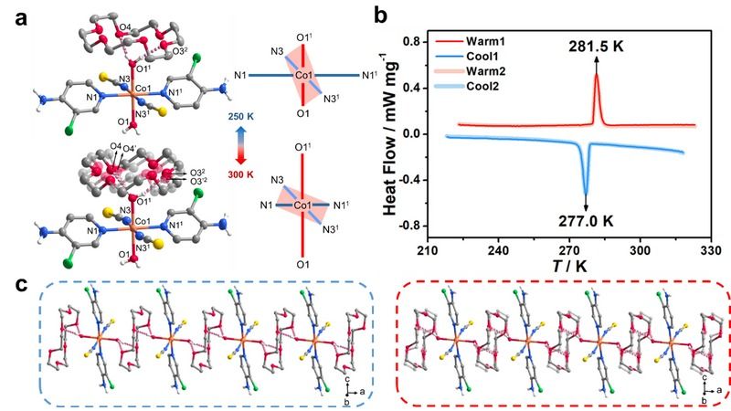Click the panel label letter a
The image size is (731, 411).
[12, 14]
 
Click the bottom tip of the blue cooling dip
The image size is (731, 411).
[586, 191]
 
